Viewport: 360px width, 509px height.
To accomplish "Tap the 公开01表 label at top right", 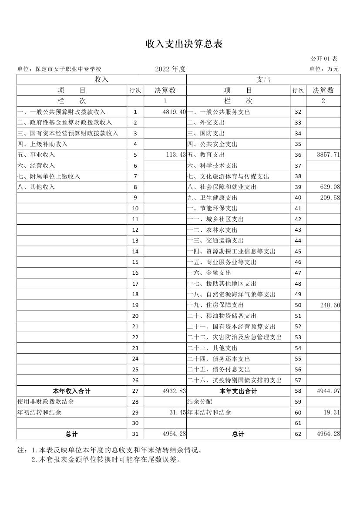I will pyautogui.click(x=324, y=58).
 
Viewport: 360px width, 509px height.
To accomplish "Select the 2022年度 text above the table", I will pyautogui.click(x=170, y=69).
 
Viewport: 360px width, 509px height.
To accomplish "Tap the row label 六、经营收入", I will pyautogui.click(x=37, y=165).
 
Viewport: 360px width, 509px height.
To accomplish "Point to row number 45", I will pyautogui.click(x=298, y=251).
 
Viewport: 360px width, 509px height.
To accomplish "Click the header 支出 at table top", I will pyautogui.click(x=263, y=80).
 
